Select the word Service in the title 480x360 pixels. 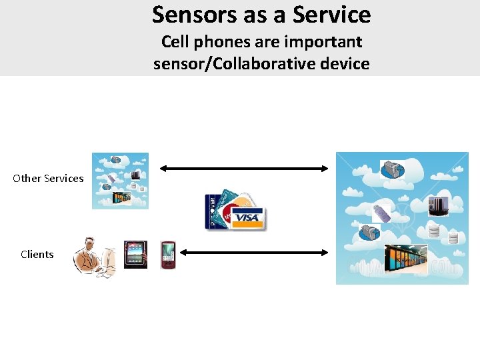pyautogui.click(x=331, y=14)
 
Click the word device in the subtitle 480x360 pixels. pyautogui.click(x=341, y=64)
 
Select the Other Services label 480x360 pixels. pyautogui.click(x=48, y=178)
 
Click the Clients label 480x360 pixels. pyautogui.click(x=37, y=254)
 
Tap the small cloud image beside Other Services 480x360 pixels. pyautogui.click(x=120, y=181)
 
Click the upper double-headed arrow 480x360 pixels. pyautogui.click(x=244, y=169)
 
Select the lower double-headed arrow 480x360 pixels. pyautogui.click(x=255, y=253)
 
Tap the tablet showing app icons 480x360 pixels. pyautogui.click(x=135, y=254)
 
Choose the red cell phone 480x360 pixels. pyautogui.click(x=167, y=255)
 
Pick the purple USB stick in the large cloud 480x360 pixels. pyautogui.click(x=382, y=213)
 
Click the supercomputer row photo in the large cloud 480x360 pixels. pyautogui.click(x=405, y=260)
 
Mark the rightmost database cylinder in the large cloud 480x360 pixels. pyautogui.click(x=453, y=238)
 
